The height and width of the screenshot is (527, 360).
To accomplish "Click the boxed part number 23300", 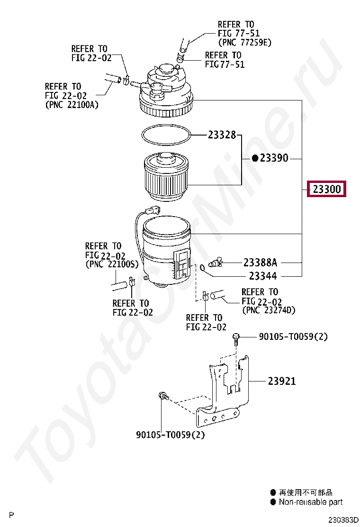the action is (327, 190).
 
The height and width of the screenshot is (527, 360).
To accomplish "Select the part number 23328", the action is (222, 135).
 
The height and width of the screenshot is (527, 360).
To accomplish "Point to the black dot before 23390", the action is (255, 158).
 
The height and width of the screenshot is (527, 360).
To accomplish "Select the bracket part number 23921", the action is (282, 381).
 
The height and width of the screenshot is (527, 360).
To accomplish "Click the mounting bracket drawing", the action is (223, 393).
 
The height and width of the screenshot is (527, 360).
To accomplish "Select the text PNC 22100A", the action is (72, 105).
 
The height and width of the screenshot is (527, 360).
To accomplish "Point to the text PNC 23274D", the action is (269, 310).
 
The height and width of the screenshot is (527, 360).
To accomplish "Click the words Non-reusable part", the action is (310, 502).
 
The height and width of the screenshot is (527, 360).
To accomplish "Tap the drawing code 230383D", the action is (344, 520).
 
